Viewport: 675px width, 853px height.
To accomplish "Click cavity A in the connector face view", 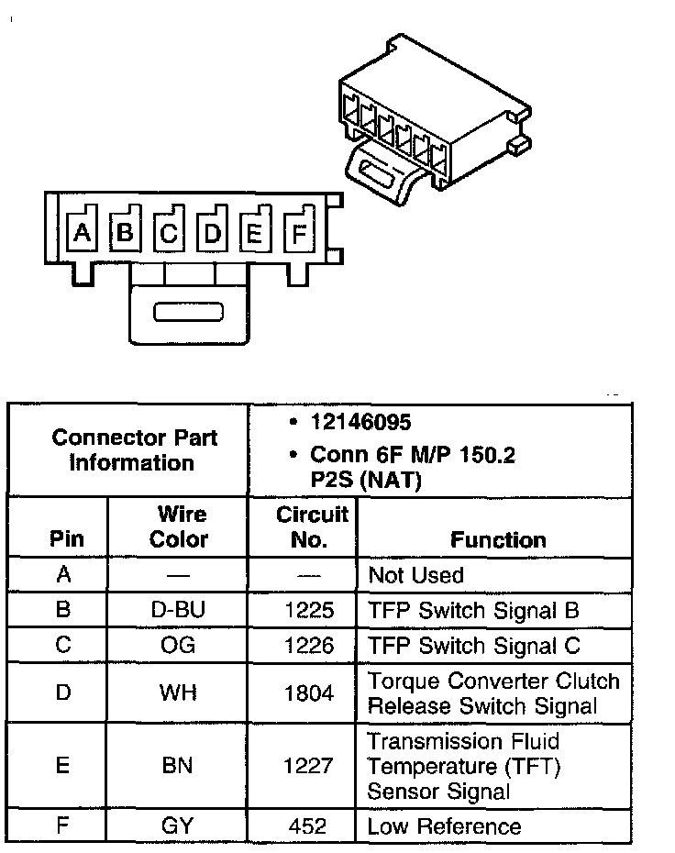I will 83,233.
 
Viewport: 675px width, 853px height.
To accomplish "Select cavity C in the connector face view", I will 169,233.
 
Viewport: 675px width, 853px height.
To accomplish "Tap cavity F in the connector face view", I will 298,234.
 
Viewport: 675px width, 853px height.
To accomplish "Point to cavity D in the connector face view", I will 213,233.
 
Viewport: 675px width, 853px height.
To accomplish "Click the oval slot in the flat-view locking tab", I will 188,313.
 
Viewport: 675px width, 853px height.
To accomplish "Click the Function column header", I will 497,540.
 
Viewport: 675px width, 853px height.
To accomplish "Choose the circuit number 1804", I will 309,693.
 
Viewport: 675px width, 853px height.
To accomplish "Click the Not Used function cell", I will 415,576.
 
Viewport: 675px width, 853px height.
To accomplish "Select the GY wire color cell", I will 179,826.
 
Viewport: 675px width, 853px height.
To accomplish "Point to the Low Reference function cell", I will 444,826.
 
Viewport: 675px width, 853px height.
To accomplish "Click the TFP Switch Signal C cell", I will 473,645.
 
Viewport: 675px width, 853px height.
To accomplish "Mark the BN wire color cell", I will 179,765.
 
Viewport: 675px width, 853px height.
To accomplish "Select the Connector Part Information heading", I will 134,449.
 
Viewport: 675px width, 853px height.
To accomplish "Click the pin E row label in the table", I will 62,765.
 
